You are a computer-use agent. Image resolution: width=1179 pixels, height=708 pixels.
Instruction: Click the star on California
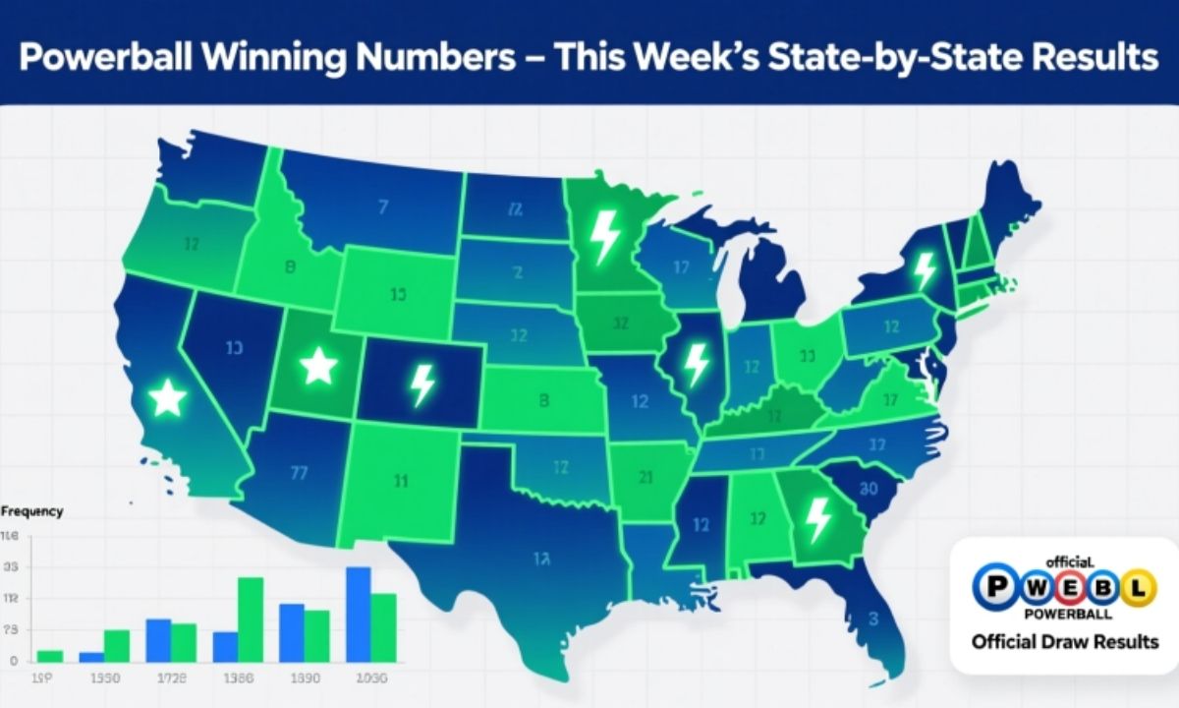click(168, 398)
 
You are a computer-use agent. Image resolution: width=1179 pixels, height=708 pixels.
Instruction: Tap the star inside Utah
click(317, 366)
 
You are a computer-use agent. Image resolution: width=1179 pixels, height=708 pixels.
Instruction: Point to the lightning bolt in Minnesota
click(602, 237)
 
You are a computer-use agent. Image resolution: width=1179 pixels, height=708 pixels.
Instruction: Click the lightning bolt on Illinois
click(696, 363)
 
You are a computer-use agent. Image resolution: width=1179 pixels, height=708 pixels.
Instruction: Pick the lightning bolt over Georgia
click(816, 517)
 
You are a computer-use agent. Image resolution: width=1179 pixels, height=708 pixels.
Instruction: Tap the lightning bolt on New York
click(924, 269)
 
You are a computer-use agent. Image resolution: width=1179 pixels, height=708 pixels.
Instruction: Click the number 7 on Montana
click(382, 207)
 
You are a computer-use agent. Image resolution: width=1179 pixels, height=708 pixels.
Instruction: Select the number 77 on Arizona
click(301, 471)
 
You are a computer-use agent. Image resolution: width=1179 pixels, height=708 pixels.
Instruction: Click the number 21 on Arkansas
click(646, 479)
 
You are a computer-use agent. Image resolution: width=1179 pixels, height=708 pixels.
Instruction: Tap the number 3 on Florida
click(873, 619)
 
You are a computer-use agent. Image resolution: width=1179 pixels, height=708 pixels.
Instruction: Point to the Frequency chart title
click(31, 511)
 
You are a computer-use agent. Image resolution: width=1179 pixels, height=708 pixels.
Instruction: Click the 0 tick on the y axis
click(13, 662)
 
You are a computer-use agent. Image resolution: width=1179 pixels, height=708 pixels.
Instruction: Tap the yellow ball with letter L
click(1137, 588)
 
